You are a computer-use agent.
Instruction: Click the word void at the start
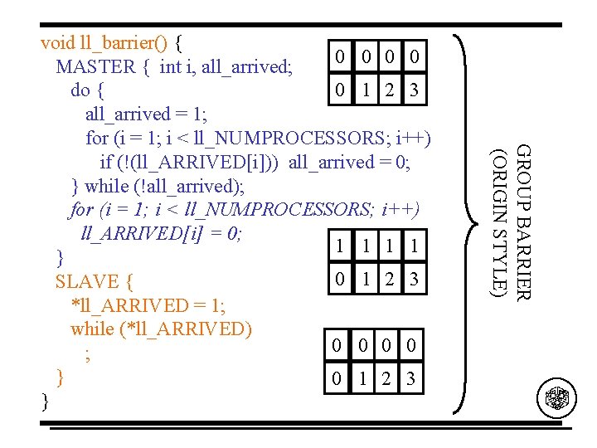pos(57,41)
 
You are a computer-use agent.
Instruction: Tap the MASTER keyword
pos(95,66)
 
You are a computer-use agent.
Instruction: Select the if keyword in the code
pos(107,162)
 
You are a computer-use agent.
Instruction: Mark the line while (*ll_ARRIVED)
pos(162,329)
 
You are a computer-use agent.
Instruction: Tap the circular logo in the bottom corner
pos(556,398)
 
